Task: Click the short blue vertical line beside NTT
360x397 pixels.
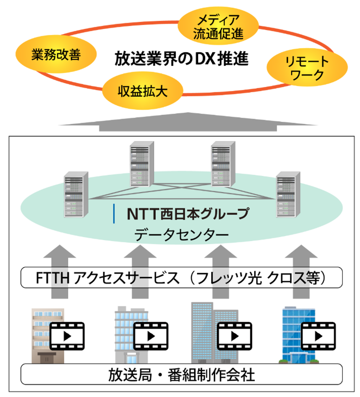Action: click(x=114, y=214)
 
